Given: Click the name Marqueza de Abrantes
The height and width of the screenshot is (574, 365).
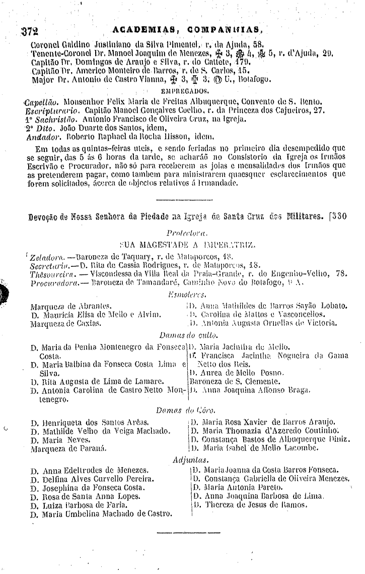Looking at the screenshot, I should click(x=70, y=306).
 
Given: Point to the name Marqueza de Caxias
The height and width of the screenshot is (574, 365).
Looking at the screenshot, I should click(x=65, y=324).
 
